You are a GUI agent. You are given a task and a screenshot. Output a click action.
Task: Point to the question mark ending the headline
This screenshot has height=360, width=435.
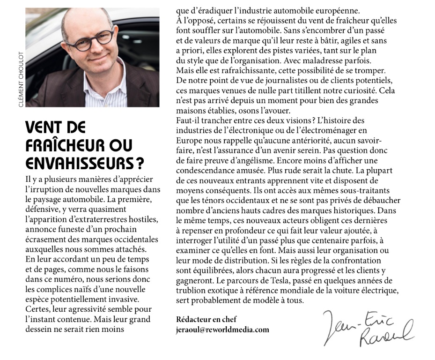click(x=139, y=163)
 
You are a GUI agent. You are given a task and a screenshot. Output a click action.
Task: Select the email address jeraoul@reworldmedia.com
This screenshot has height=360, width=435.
click(x=222, y=330)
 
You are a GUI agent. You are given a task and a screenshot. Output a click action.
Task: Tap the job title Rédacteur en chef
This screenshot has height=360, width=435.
click(x=206, y=319)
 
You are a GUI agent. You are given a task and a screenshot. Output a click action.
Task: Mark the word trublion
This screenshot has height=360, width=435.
click(x=192, y=290)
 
